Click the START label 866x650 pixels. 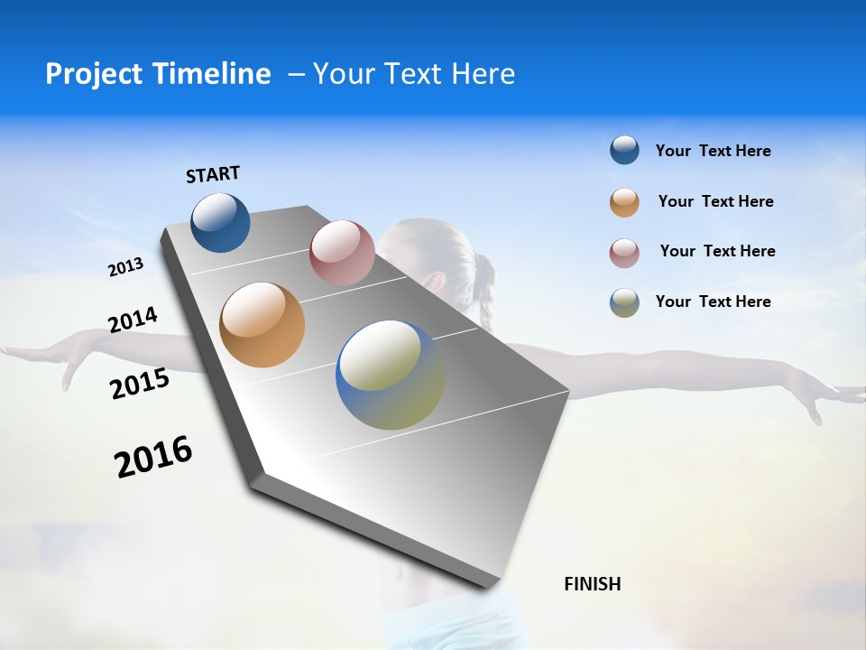click(213, 174)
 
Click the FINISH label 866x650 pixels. click(592, 584)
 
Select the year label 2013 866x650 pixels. click(125, 267)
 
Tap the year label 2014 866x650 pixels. click(133, 320)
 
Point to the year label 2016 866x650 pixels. click(153, 457)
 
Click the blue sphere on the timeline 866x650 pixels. click(221, 223)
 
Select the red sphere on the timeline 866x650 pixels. click(342, 253)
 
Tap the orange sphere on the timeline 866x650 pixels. click(263, 325)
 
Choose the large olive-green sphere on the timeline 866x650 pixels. click(390, 375)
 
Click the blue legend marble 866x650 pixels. click(624, 151)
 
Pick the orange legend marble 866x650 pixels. click(624, 202)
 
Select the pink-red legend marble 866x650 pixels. click(624, 253)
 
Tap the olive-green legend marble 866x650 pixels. click(624, 302)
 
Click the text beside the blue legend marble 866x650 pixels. click(713, 152)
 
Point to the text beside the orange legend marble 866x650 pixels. click(715, 201)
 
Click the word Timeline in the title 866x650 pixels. click(213, 74)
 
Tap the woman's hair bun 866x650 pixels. click(483, 270)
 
